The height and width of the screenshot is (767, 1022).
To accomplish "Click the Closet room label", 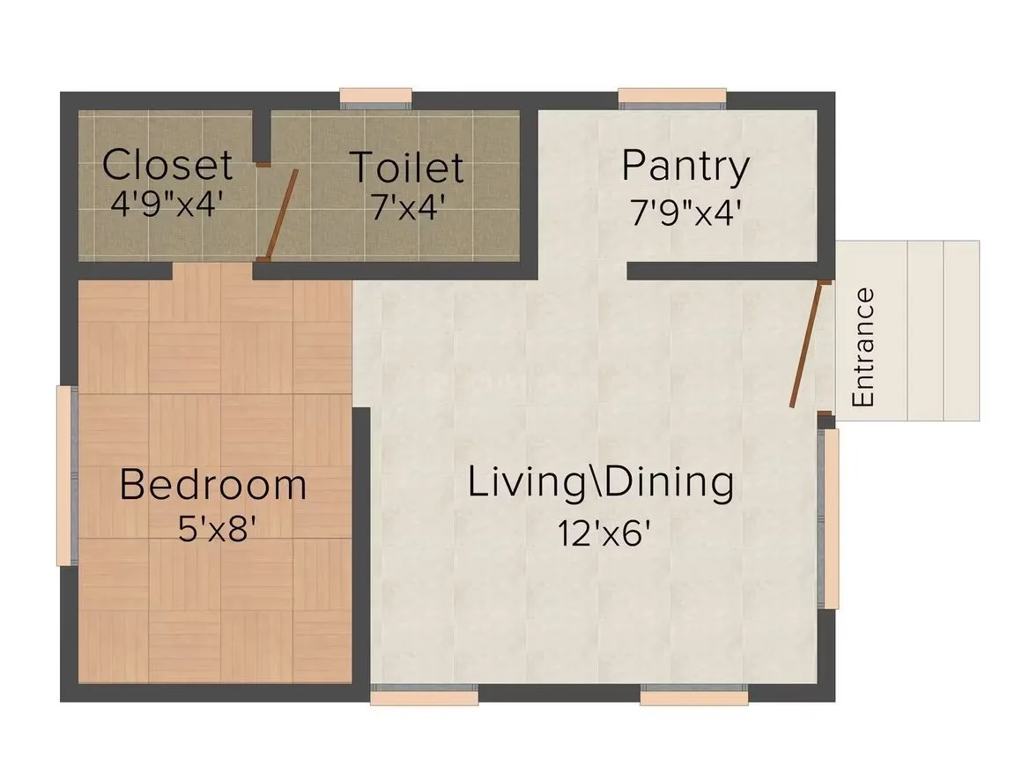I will click(x=167, y=165).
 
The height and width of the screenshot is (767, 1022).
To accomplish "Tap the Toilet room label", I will click(x=406, y=167).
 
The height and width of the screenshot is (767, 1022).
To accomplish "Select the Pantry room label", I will click(x=685, y=166).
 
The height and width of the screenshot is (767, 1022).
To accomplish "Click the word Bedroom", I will click(x=213, y=485).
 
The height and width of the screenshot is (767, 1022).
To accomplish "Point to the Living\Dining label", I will click(x=601, y=483).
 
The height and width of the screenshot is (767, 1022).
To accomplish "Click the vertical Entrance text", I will click(x=864, y=347).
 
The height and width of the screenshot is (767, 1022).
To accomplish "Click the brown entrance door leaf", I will click(x=806, y=344).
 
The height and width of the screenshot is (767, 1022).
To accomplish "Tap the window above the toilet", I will click(x=376, y=99).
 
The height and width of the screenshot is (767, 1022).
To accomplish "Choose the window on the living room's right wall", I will click(x=829, y=518).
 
